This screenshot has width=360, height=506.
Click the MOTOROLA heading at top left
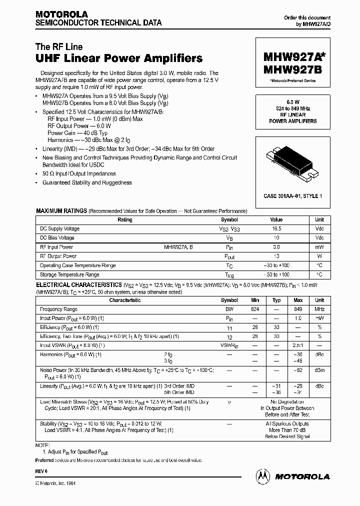click(61, 14)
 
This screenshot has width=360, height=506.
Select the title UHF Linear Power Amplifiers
click(119, 58)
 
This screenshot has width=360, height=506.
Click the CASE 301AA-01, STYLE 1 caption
click(292, 196)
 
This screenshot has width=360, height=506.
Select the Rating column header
click(124, 219)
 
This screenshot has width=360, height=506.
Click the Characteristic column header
click(124, 300)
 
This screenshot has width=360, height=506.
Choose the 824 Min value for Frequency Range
click(255, 309)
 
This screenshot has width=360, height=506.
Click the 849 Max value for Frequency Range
click(298, 309)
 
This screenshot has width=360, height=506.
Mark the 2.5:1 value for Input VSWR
click(298, 345)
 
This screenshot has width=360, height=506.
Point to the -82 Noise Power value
click(298, 370)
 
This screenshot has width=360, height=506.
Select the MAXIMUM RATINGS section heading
click(61, 211)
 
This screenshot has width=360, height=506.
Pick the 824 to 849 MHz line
click(292, 108)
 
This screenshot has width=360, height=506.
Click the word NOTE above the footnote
click(42, 444)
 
